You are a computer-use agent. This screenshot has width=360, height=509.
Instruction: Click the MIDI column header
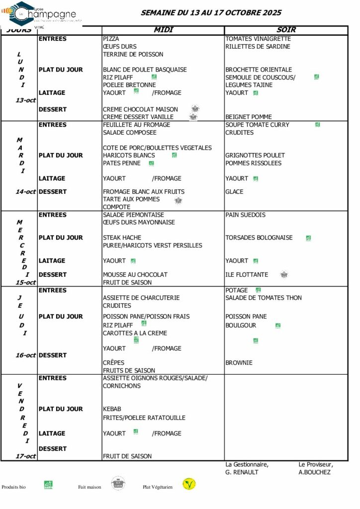pos(163,30)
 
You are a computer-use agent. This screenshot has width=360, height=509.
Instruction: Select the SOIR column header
pos(286,30)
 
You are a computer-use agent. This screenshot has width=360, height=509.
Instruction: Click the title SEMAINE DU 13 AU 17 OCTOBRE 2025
pos(211,13)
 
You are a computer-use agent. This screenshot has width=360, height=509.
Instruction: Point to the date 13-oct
pos(25,100)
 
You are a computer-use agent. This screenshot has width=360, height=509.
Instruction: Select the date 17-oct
pos(25,456)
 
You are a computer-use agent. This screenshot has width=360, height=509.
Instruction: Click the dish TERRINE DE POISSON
pos(133,54)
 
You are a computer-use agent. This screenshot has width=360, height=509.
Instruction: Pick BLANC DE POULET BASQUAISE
pos(145,70)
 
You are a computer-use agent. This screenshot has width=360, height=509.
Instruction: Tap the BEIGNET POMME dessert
pos(249,117)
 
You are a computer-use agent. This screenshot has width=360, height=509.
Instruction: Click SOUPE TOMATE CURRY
pos(257,125)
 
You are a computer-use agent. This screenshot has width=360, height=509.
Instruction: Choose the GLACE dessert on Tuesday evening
pos(234,191)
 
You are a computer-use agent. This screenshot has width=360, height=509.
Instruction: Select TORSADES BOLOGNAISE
pos(259,238)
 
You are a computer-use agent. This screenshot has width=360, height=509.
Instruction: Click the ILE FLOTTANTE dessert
pos(247,274)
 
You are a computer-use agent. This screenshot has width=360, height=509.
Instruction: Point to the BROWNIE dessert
pos(239,363)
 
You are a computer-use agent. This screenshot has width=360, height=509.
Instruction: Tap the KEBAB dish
pos(112,409)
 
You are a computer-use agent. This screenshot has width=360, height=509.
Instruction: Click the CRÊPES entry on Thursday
pos(113,363)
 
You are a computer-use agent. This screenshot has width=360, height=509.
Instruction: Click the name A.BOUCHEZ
pos(314,472)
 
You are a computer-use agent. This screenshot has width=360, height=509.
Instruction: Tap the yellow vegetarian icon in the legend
pos(188,484)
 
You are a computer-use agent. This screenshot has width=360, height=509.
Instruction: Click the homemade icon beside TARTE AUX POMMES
pos(179,200)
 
